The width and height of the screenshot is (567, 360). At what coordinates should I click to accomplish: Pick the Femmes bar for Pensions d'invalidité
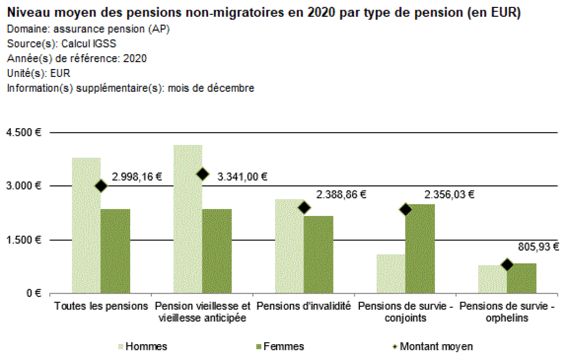(x=318, y=254)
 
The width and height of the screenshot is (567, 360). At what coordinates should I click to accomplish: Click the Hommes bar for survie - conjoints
(x=391, y=274)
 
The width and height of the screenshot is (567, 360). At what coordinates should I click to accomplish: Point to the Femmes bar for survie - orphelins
(x=521, y=278)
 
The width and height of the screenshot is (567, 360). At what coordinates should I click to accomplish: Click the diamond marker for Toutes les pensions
(x=101, y=186)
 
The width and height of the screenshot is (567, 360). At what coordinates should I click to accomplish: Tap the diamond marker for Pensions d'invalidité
(x=304, y=208)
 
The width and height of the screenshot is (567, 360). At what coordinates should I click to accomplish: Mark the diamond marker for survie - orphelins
(x=507, y=265)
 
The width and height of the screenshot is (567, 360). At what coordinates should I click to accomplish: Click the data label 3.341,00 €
(x=243, y=176)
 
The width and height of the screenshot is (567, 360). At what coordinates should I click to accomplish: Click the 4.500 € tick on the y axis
(x=24, y=133)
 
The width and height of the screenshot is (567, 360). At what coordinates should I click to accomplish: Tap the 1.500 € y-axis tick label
(x=24, y=240)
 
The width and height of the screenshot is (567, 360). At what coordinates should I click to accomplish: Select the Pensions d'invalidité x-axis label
(x=303, y=306)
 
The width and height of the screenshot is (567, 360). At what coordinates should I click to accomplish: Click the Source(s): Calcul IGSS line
(x=61, y=44)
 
